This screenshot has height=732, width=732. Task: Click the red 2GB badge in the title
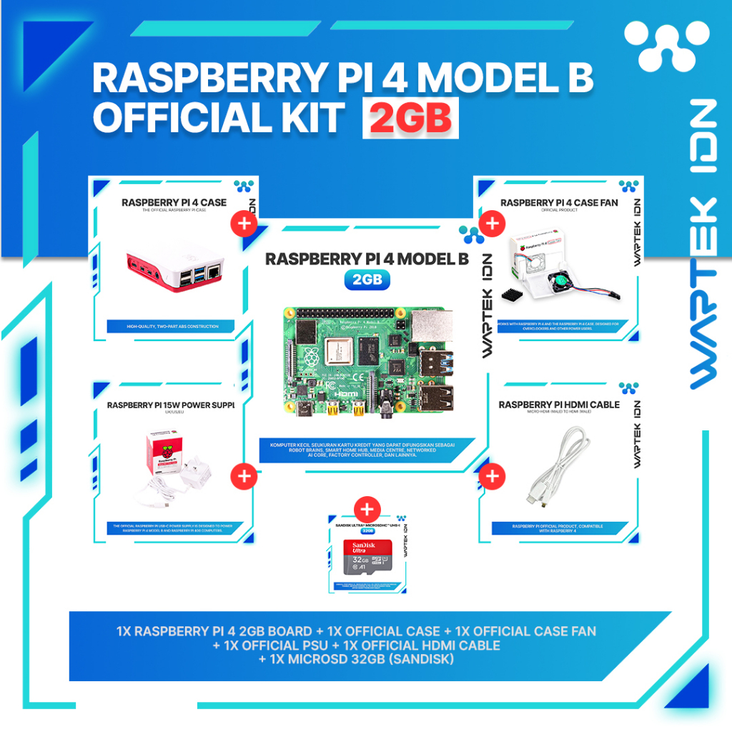pos(410,119)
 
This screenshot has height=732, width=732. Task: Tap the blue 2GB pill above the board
pos(367,280)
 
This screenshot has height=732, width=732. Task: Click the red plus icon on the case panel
pos(244,223)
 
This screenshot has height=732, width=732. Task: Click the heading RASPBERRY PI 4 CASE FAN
pos(559,202)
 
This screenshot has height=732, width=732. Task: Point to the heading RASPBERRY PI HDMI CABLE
pos(559,405)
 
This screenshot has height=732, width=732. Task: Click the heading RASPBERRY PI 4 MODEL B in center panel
pos(367,259)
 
